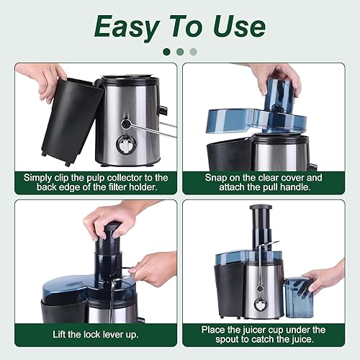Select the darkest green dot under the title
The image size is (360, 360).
click(167, 51)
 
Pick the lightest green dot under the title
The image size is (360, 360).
click(193, 51)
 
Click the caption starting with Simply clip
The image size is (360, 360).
click(95, 182)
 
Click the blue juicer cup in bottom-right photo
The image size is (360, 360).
click(297, 297)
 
